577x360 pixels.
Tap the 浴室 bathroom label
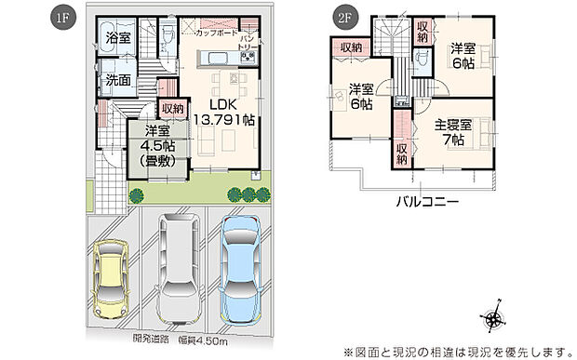click(x=117, y=39)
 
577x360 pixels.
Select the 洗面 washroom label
click(x=117, y=81)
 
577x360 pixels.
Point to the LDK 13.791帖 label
click(x=223, y=113)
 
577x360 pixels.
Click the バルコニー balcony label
click(x=428, y=199)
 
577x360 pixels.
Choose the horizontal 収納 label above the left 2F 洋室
click(x=350, y=47)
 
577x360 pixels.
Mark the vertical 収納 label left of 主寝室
click(x=401, y=153)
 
